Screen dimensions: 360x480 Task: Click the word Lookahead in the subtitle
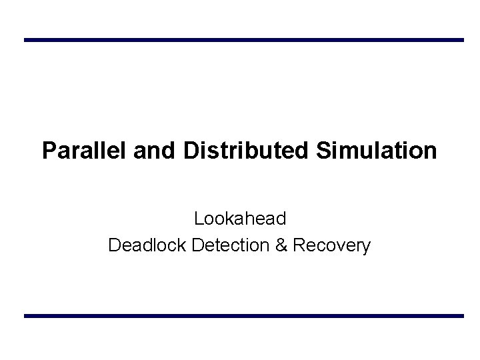click(240, 218)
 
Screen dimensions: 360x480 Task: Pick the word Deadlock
click(147, 245)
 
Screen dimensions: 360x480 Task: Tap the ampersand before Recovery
click(281, 245)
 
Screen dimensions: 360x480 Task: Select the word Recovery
click(331, 245)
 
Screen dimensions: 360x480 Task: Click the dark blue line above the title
click(243, 40)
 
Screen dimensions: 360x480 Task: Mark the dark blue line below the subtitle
click(243, 315)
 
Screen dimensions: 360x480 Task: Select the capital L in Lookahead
click(199, 218)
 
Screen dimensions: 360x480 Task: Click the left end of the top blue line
click(26, 40)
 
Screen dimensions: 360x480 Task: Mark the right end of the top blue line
click(461, 40)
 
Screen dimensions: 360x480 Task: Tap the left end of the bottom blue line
click(26, 315)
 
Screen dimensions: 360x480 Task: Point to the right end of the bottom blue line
click(461, 315)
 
